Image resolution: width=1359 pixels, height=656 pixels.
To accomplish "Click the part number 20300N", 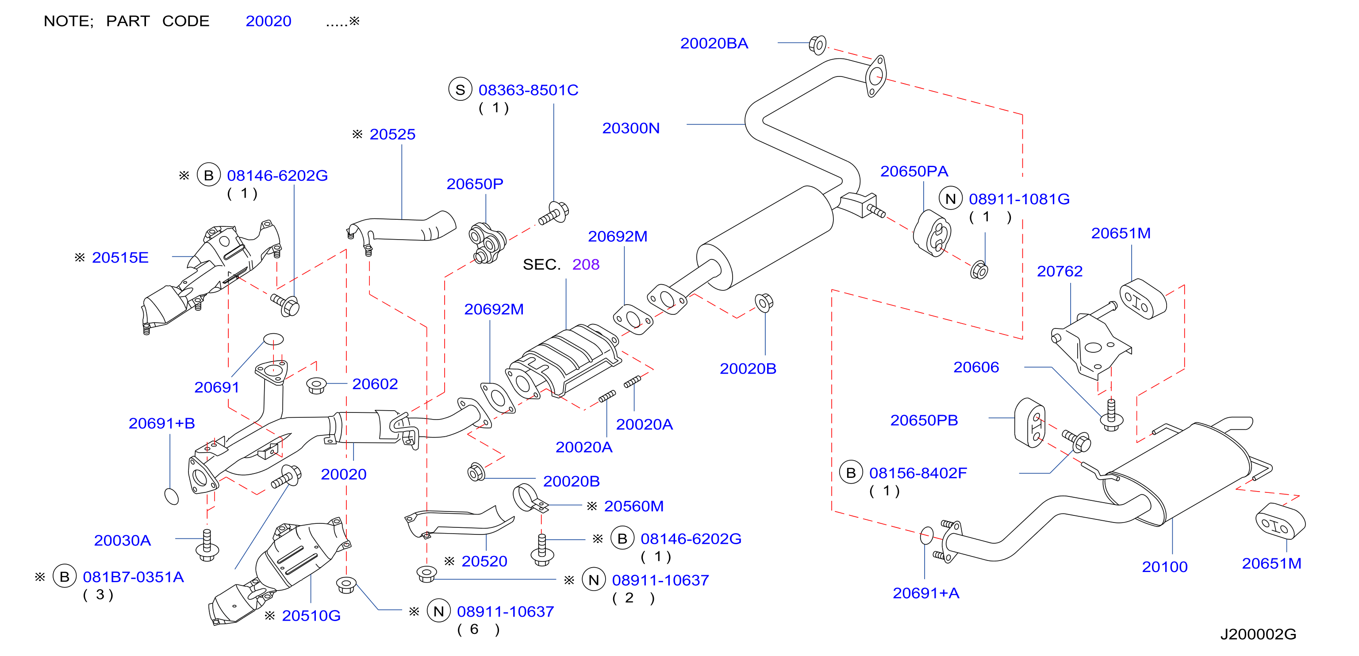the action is [631, 128].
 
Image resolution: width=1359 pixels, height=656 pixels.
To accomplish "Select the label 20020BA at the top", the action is [714, 43].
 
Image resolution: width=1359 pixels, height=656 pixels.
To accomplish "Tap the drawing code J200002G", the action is [1258, 634].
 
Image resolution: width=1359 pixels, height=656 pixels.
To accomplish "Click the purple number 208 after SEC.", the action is [586, 264].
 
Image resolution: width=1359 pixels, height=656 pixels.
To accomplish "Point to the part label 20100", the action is [1164, 567].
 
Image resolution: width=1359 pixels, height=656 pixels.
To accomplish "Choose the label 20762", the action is [1060, 271].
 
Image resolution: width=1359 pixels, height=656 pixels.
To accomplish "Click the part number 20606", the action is [976, 367].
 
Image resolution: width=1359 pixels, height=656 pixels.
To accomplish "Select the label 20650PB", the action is [924, 420].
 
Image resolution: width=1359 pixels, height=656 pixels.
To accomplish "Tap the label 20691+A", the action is [926, 593].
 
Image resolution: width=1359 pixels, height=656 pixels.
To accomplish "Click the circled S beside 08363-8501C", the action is [460, 90].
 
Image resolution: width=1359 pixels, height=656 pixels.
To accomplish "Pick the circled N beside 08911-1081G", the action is [951, 199].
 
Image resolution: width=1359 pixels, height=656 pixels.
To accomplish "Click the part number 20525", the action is [392, 134].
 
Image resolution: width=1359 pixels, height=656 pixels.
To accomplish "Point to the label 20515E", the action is [120, 257].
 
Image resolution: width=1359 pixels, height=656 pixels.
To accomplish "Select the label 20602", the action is [375, 384].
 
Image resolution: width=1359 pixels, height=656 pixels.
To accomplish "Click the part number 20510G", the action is [311, 615].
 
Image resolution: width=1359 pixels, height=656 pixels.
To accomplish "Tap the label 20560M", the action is [633, 506].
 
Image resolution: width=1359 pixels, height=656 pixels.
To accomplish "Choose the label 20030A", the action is [123, 541].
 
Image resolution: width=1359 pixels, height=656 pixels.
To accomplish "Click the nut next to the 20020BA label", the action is [817, 45].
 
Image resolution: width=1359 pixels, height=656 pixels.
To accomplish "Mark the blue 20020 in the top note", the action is [269, 21].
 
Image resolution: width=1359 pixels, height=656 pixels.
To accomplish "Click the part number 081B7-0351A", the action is [134, 577].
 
